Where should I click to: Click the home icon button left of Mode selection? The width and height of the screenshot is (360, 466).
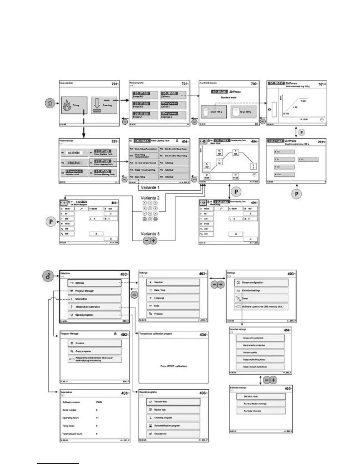pyautogui.click(x=50, y=103)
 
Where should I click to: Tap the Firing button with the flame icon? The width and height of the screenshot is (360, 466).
pyautogui.click(x=74, y=105)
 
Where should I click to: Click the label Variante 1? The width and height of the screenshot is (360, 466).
pyautogui.click(x=150, y=187)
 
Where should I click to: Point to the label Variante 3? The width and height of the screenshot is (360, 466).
pyautogui.click(x=150, y=234)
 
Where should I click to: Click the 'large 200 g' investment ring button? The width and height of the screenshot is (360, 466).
pyautogui.click(x=243, y=112)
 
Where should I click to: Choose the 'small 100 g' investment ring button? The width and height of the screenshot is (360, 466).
pyautogui.click(x=214, y=112)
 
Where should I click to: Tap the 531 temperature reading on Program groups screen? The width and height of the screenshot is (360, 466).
pyautogui.click(x=114, y=142)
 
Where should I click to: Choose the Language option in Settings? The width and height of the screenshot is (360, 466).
pyautogui.click(x=173, y=298)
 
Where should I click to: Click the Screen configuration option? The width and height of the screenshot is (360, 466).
pyautogui.click(x=261, y=282)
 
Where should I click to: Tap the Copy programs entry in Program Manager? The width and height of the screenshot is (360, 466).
pyautogui.click(x=94, y=351)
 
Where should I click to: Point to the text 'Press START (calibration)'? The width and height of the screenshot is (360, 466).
pyautogui.click(x=174, y=366)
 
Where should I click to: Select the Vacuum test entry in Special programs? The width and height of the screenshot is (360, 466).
pyautogui.click(x=173, y=402)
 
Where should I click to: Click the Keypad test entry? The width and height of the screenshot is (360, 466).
pyautogui.click(x=173, y=434)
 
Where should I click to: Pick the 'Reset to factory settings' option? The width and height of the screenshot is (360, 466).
pyautogui.click(x=261, y=404)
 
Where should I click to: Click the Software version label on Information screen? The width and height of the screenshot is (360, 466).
pyautogui.click(x=71, y=402)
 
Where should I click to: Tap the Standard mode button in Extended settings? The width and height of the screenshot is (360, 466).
pyautogui.click(x=261, y=396)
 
